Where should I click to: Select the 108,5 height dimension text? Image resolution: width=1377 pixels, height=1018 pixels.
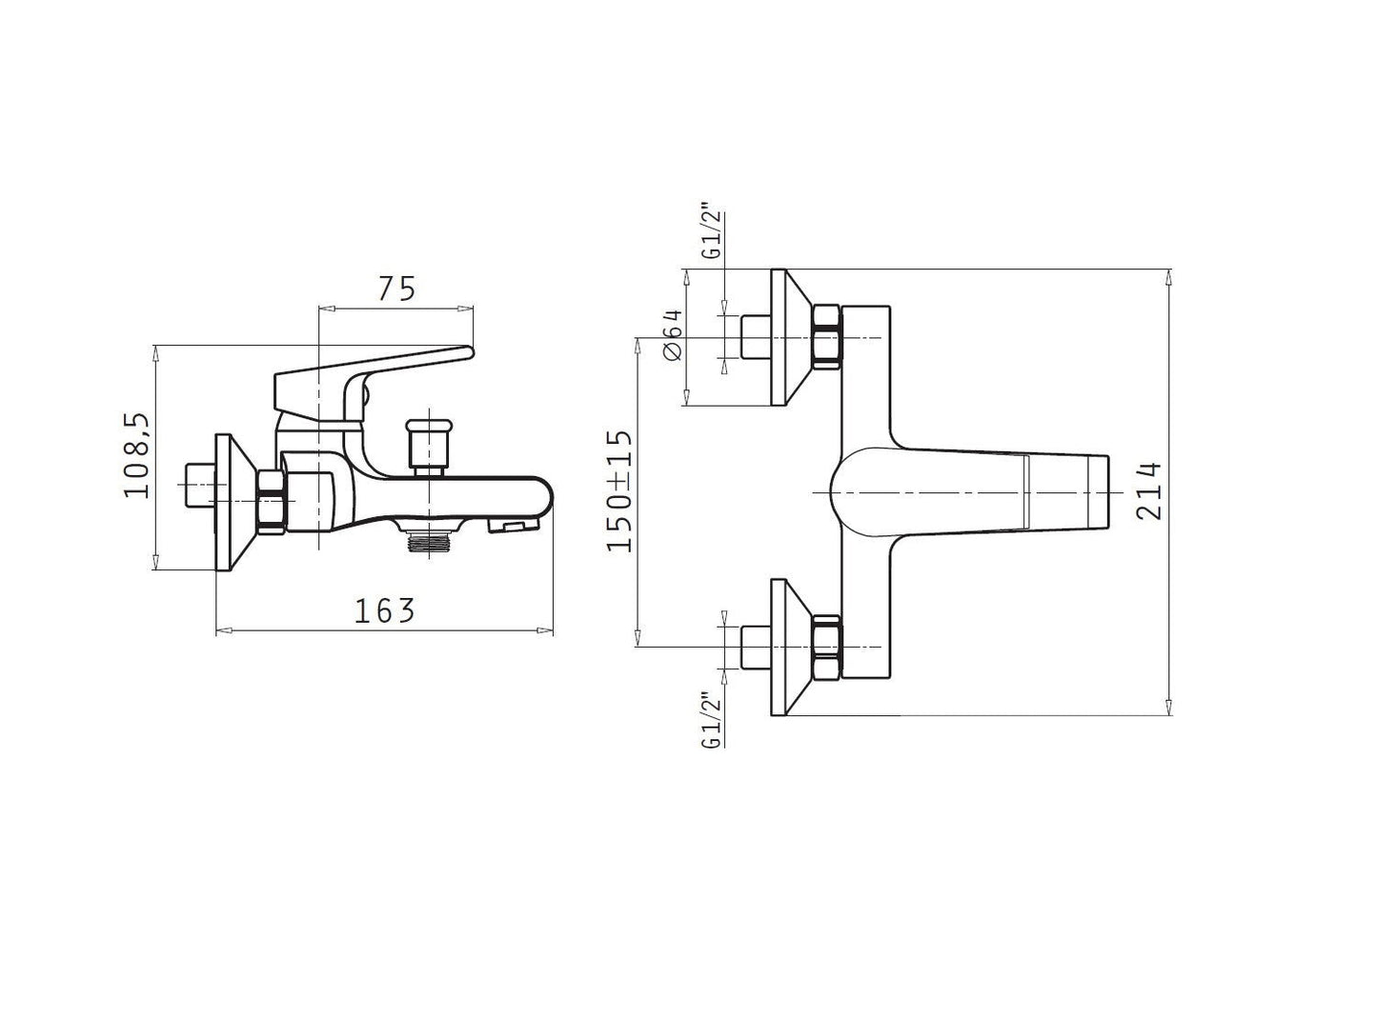137,454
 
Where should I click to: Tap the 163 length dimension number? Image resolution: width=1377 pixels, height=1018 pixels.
384,611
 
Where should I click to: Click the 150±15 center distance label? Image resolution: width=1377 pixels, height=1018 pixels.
619,490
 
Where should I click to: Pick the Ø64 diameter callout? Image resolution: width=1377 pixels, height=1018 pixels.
672,334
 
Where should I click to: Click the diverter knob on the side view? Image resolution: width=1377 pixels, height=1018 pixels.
429,448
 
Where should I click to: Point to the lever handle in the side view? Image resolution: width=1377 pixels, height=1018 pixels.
375,385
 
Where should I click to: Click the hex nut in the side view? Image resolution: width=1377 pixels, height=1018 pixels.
272,501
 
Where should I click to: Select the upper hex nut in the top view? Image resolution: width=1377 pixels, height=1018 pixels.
827,337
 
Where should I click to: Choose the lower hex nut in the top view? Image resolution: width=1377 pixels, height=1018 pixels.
827,647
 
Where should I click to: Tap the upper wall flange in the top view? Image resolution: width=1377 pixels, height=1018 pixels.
791,337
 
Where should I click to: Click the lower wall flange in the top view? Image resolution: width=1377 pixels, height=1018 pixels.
791,647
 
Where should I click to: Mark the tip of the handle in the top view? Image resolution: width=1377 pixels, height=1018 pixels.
1109,492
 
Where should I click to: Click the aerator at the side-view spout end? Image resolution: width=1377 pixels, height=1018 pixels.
515,526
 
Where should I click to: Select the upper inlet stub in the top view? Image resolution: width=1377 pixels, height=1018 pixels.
757,337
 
